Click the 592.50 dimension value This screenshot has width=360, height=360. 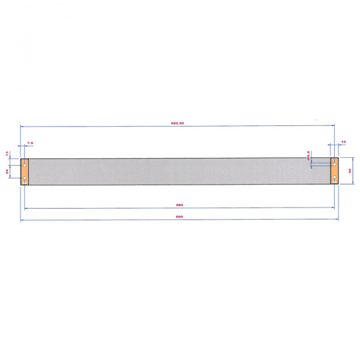pyautogui.click(x=176, y=123)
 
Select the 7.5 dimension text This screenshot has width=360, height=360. pyautogui.click(x=30, y=143)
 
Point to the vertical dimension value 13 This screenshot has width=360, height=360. pyautogui.click(x=8, y=154)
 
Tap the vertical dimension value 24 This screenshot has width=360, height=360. pyautogui.click(x=8, y=172)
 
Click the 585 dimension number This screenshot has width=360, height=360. pyautogui.click(x=178, y=205)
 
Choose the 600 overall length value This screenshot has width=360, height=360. pyautogui.click(x=178, y=217)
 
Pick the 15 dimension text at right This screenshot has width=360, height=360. pyautogui.click(x=343, y=142)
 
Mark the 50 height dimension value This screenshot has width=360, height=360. pyautogui.click(x=349, y=171)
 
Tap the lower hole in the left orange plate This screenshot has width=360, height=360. pyautogui.click(x=25, y=178)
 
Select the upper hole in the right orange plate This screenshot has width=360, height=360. pyautogui.click(x=334, y=163)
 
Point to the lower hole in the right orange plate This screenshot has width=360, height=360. pyautogui.click(x=334, y=178)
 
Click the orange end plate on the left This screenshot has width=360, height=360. pyautogui.click(x=25, y=171)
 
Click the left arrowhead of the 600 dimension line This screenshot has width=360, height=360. pyautogui.click(x=22, y=220)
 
